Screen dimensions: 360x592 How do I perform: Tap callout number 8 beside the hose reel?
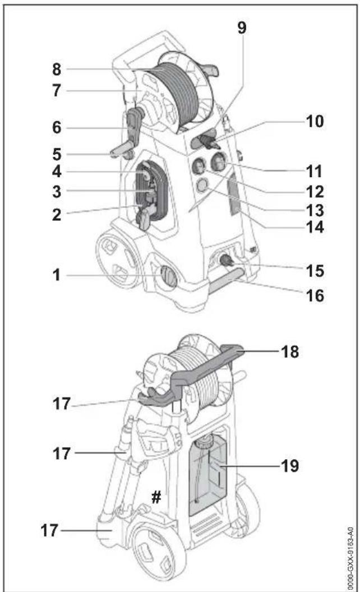[57, 70]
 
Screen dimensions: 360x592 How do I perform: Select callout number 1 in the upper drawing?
[57, 275]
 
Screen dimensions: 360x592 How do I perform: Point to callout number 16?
[315, 295]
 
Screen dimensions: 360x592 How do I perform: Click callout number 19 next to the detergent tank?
[290, 466]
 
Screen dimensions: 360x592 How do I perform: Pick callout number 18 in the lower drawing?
[290, 352]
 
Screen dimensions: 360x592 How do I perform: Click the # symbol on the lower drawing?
[156, 497]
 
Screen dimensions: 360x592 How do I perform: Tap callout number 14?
[315, 227]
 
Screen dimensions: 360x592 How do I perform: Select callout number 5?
[57, 154]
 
